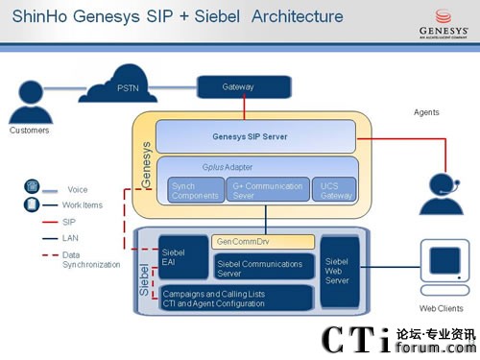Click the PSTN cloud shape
(129, 87)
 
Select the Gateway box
(238, 87)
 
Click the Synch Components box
(195, 190)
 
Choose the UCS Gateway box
(331, 190)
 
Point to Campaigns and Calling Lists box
(235, 298)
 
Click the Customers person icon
(29, 96)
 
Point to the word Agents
(426, 112)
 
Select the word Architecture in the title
(282, 16)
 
